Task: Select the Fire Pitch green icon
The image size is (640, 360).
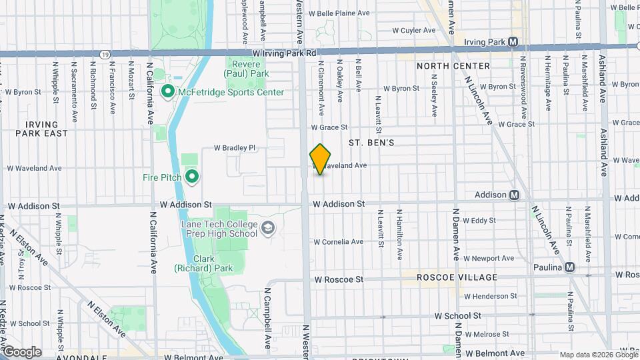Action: click(192, 177)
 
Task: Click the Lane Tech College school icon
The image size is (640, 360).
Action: click(267, 228)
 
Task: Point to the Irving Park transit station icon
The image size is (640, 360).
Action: click(513, 41)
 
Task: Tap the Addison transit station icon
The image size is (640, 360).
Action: click(514, 195)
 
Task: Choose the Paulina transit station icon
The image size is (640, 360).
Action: click(569, 267)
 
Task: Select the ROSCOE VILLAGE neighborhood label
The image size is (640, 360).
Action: click(457, 277)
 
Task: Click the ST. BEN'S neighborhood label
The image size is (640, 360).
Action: click(371, 143)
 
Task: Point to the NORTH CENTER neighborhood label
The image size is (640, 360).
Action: click(453, 66)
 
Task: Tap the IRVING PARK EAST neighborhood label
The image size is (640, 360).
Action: click(47, 129)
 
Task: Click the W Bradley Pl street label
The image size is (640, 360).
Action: click(234, 147)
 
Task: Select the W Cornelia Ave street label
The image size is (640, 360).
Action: click(338, 241)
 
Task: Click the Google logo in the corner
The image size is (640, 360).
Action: click(22, 352)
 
